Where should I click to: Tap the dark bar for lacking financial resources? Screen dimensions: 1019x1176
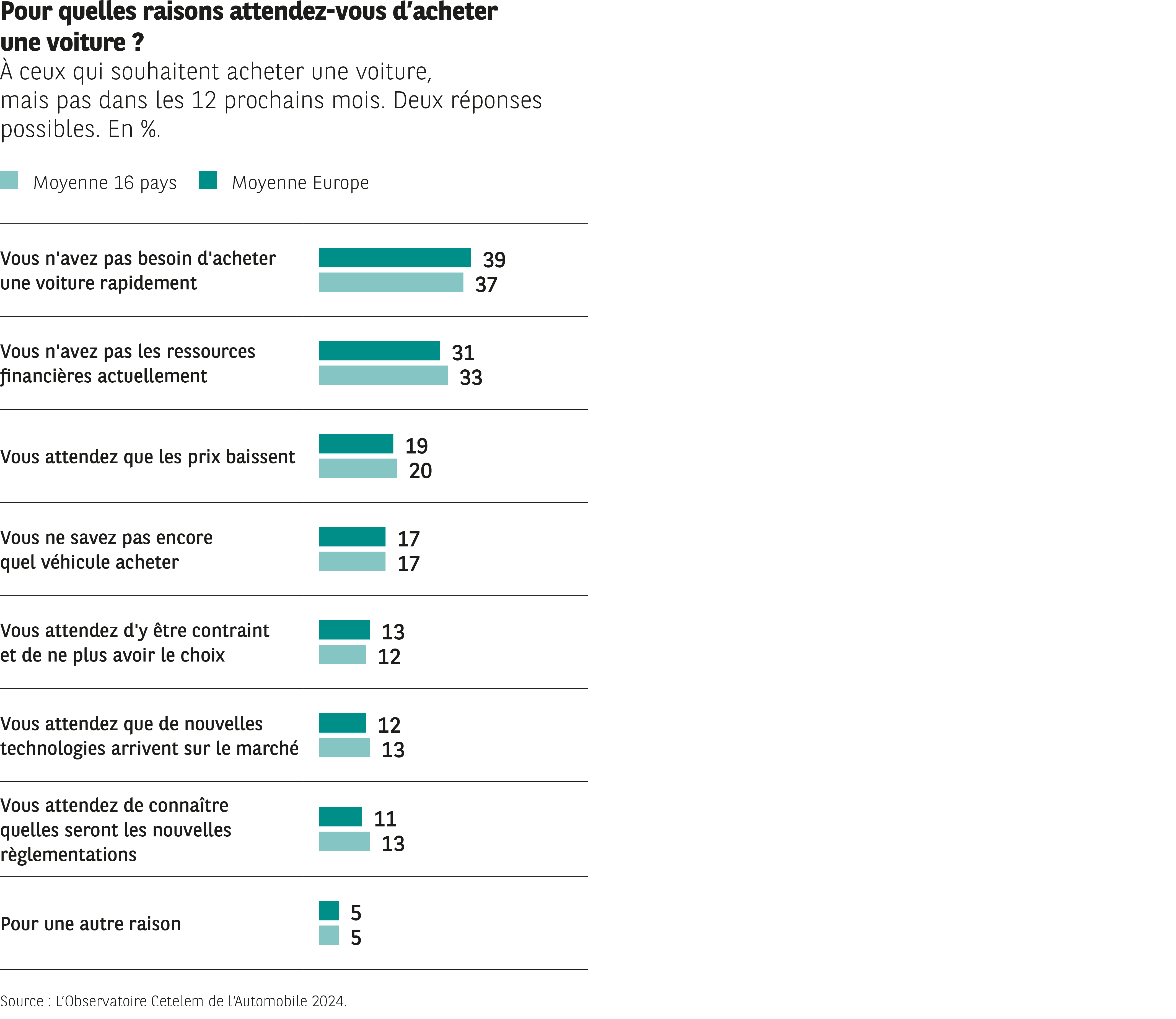point(379,351)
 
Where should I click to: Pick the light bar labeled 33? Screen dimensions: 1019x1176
point(383,375)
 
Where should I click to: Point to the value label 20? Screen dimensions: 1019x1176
point(420,471)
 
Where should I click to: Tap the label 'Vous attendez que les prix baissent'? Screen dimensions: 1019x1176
point(147,457)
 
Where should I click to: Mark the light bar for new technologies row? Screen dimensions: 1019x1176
point(344,748)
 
